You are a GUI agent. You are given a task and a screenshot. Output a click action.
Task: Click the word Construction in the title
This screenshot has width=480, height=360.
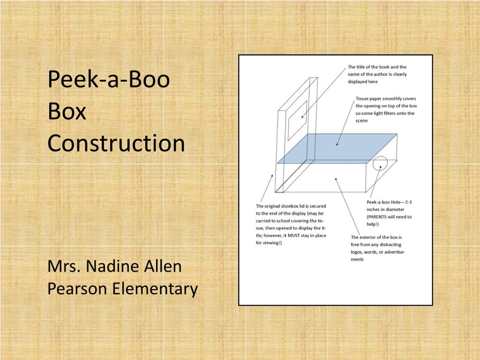point(116,143)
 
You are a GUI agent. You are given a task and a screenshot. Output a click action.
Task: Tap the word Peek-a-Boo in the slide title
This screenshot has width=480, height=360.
point(108,80)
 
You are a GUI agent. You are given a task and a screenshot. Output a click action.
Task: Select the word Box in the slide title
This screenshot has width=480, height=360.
point(67,112)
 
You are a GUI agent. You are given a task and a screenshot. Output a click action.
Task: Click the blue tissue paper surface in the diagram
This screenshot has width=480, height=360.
point(337,148)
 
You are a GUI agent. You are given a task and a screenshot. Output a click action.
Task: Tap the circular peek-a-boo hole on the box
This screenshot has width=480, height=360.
point(380,165)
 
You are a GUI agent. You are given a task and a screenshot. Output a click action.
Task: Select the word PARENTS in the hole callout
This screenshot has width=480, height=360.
point(378,217)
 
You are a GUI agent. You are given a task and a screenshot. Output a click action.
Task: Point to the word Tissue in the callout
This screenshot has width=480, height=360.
point(363,98)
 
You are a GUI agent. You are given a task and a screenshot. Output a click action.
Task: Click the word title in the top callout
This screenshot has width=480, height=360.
point(362,67)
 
